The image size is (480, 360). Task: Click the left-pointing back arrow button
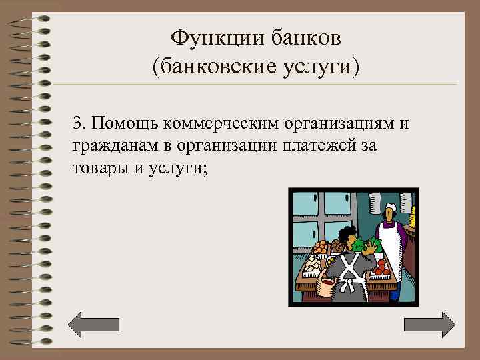(x=94, y=324)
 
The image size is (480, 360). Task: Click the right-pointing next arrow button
(x=430, y=324)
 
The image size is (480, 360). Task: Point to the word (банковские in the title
(x=214, y=67)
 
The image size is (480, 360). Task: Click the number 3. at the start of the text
(x=80, y=123)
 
